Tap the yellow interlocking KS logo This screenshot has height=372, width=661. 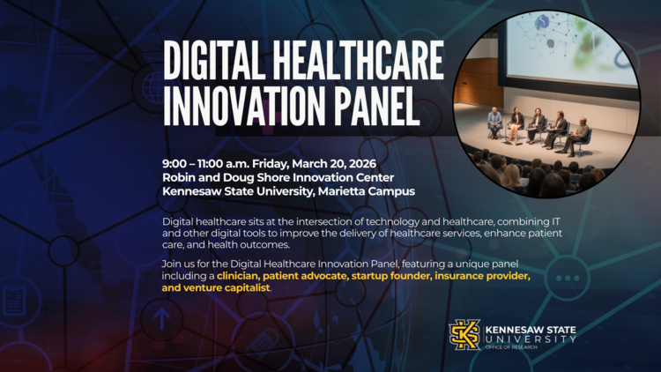click(x=465, y=335)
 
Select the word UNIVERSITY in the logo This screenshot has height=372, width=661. click(x=530, y=339)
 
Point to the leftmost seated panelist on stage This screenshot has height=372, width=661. click(x=495, y=122)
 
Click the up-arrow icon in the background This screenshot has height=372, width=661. click(x=164, y=317)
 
